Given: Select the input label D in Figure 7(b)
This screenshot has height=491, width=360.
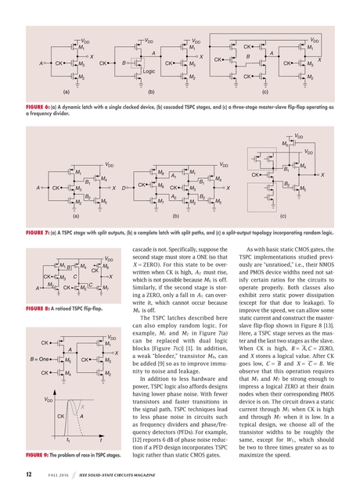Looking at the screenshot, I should tap(124, 188).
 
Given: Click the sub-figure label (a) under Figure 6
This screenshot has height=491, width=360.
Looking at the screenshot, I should tap(67, 91).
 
